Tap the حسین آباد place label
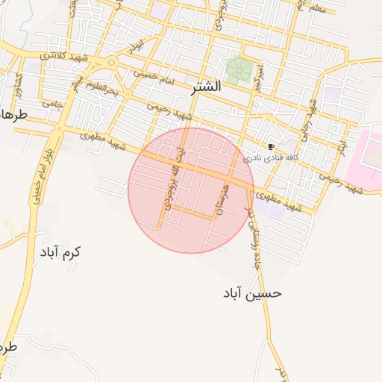[252, 293]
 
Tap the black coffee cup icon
[270, 146]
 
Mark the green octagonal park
[239, 70]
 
